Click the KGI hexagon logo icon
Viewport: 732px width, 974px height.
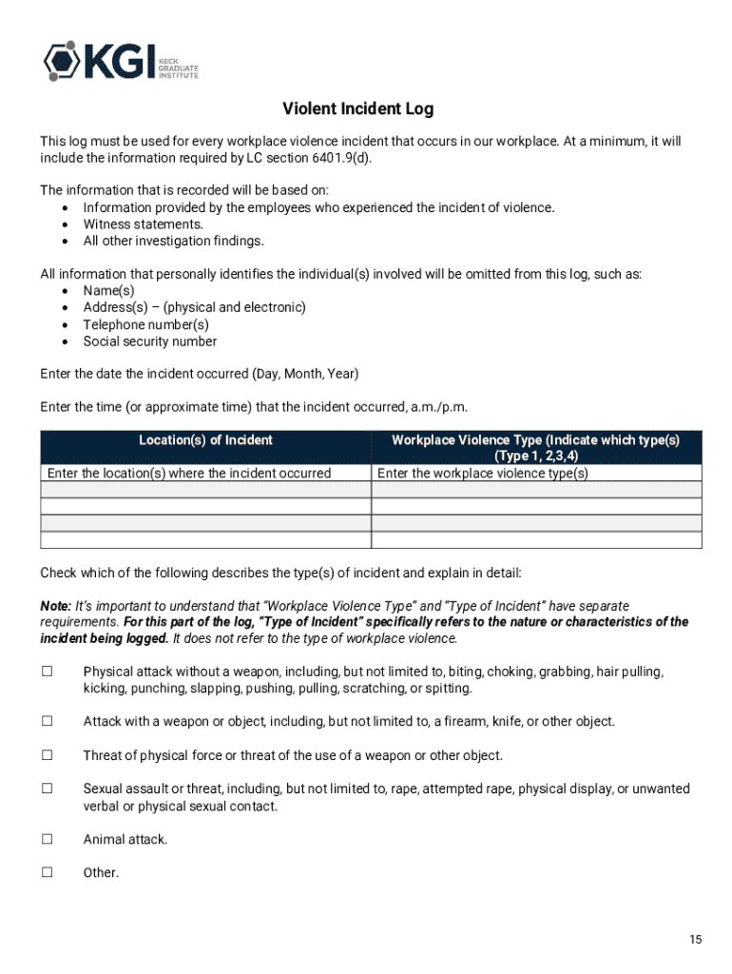point(61,61)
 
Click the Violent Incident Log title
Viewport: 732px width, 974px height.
point(358,109)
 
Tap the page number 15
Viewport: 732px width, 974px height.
point(696,940)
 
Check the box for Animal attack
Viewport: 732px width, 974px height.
point(47,839)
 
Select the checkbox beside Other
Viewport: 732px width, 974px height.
point(47,872)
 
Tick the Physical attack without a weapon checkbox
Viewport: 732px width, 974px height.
point(47,672)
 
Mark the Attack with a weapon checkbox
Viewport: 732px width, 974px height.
point(47,721)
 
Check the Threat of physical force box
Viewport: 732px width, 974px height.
point(47,755)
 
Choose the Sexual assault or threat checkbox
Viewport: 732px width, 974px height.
point(47,789)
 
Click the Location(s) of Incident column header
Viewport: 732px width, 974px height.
point(205,440)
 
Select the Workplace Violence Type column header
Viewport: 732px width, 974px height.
point(536,447)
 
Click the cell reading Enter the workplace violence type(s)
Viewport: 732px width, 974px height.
point(483,474)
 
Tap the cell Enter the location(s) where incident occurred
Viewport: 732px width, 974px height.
point(189,474)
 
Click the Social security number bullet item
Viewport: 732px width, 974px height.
point(149,341)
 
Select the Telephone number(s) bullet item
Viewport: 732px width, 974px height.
point(145,324)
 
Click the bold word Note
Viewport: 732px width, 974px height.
point(54,606)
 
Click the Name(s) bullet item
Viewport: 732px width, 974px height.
point(108,290)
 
